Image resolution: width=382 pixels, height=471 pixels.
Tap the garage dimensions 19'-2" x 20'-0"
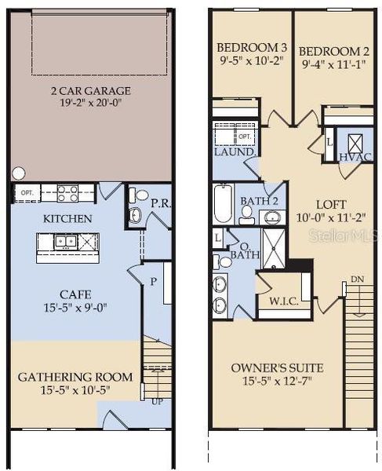click(91, 103)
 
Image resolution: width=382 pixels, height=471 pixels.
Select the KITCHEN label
click(68, 218)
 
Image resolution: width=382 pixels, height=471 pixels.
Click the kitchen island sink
click(66, 243)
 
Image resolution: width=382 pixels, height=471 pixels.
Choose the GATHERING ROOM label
click(68, 377)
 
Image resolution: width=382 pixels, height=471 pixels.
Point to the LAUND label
click(232, 152)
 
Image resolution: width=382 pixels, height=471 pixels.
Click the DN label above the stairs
click(357, 279)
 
